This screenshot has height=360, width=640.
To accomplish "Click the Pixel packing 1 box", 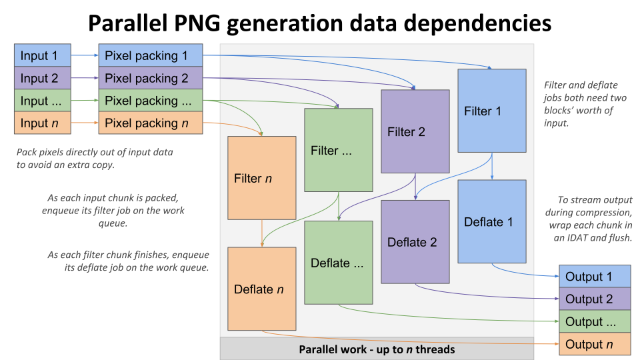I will coord(151,55).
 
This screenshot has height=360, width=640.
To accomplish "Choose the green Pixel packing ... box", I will coord(151,101).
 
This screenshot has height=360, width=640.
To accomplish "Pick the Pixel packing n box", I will coord(151,123).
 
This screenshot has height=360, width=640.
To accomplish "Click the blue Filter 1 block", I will coord(491,112).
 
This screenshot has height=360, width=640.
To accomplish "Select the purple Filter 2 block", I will coord(415,131).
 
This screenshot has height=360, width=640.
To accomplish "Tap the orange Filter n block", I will coord(261,178).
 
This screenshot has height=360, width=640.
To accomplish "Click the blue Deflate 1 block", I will coord(491,222).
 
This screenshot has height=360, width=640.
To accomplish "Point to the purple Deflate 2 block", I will coord(415,242).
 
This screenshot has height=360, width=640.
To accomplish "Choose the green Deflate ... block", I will coord(339,263).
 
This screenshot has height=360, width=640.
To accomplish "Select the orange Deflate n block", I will coord(261,289).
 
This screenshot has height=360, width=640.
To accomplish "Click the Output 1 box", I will coord(594,277).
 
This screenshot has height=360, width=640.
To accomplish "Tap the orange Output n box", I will coord(594,345).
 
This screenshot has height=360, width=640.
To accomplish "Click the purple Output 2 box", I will coord(594,299).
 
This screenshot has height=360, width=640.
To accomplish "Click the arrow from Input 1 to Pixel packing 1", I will coord(85,55).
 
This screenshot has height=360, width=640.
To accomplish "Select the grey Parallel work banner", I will coord(377,349).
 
